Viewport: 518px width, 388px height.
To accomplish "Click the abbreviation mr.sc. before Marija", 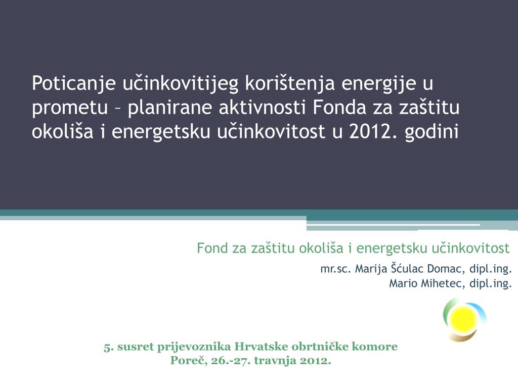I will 336,268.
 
